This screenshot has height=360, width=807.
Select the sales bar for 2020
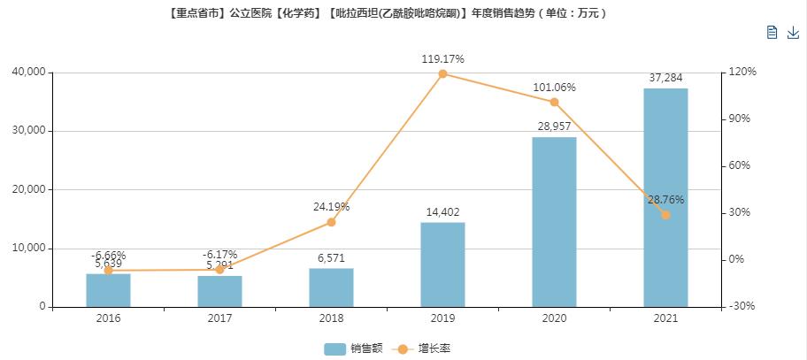[x=554, y=222]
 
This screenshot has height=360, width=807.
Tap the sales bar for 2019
[x=442, y=264]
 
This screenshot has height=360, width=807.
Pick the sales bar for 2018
[x=331, y=287]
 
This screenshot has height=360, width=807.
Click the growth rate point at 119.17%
[x=442, y=73]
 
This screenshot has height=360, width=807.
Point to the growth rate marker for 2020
[x=554, y=102]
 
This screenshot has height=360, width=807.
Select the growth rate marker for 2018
[x=331, y=222]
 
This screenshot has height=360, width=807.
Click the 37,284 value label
[x=665, y=78]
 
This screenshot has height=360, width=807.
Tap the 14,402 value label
[x=442, y=212]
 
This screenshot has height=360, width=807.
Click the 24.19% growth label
[x=331, y=207]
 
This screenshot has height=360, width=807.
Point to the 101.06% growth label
[x=554, y=88]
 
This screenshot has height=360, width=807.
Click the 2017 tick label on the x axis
[x=219, y=318]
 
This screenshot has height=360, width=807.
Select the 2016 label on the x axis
[x=108, y=318]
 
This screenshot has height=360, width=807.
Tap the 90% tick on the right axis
[x=740, y=119]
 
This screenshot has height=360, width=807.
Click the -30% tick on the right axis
[x=742, y=307]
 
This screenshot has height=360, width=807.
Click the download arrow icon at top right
[x=793, y=33]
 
